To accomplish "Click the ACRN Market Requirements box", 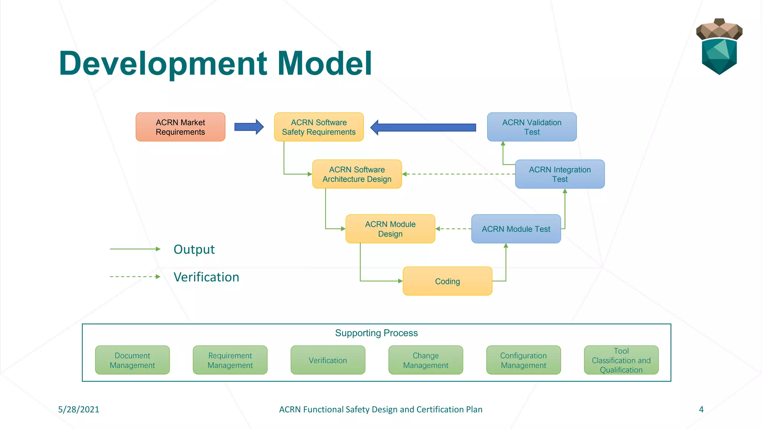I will [180, 127].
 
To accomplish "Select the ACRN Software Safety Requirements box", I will [319, 127].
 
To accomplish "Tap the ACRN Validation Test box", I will [532, 127].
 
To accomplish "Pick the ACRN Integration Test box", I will [560, 174].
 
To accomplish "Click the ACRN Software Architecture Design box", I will [357, 174].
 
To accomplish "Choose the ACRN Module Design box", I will [390, 229].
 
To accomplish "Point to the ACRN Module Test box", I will [516, 229].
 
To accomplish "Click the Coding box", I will [447, 282].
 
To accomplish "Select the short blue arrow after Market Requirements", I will [249, 127].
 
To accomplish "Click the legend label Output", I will [194, 250].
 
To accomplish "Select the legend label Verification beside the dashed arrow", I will [206, 277].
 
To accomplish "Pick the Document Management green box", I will [132, 360].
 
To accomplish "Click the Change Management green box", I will [426, 360].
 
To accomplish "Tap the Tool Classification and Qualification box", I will [621, 360].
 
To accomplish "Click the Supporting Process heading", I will [376, 333].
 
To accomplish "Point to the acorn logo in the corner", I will [719, 47].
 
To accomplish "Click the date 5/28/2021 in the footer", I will [79, 410].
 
